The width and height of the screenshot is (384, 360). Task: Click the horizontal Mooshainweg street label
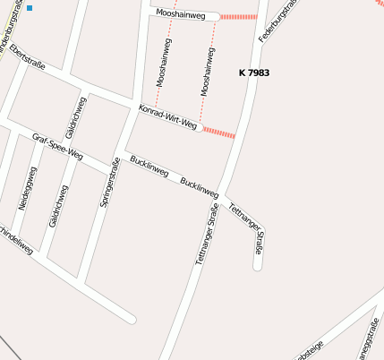pyautogui.click(x=181, y=14)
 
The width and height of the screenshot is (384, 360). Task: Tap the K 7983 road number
pyautogui.click(x=254, y=73)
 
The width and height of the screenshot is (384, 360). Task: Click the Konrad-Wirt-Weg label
pyautogui.click(x=167, y=117)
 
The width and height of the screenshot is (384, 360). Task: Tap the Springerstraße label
pyautogui.click(x=110, y=183)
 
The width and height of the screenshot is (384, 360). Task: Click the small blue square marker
pyautogui.click(x=30, y=8)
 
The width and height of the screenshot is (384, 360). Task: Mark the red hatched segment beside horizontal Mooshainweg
pyautogui.click(x=237, y=16)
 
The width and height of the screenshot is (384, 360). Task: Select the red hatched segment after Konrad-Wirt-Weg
pyautogui.click(x=218, y=133)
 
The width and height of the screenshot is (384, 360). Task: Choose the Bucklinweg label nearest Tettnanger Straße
pyautogui.click(x=199, y=187)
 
